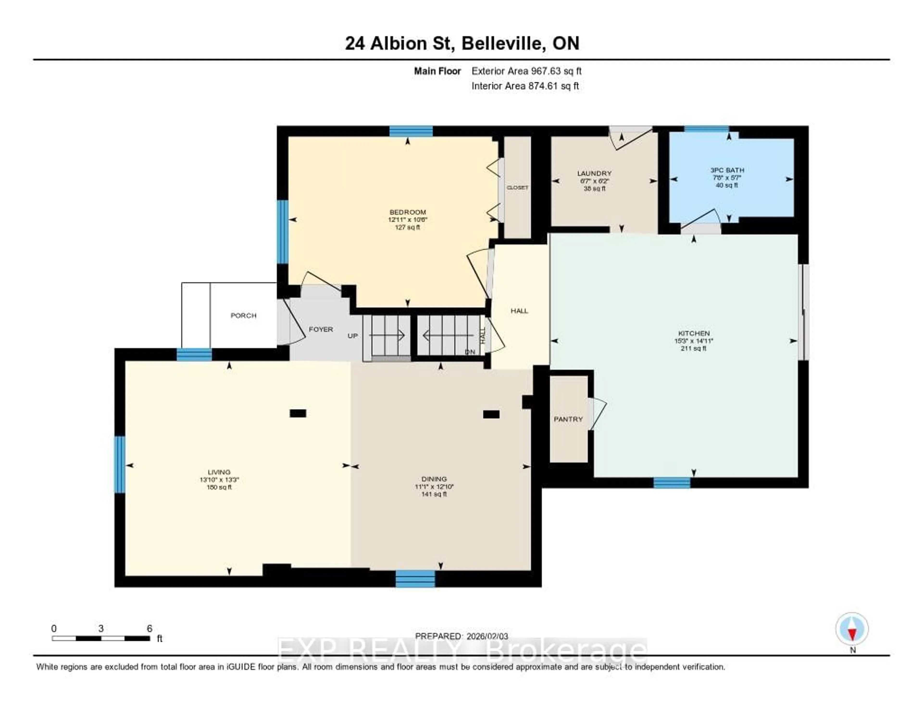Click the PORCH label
pos(243,315)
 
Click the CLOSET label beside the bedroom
pos(517,187)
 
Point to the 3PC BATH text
pos(727,170)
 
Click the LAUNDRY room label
pos(594,173)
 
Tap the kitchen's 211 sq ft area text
pos(693,348)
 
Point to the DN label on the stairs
pos(470,352)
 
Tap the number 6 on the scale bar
pos(149,628)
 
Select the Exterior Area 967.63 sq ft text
pos(526,71)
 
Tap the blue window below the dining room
pos(415,579)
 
